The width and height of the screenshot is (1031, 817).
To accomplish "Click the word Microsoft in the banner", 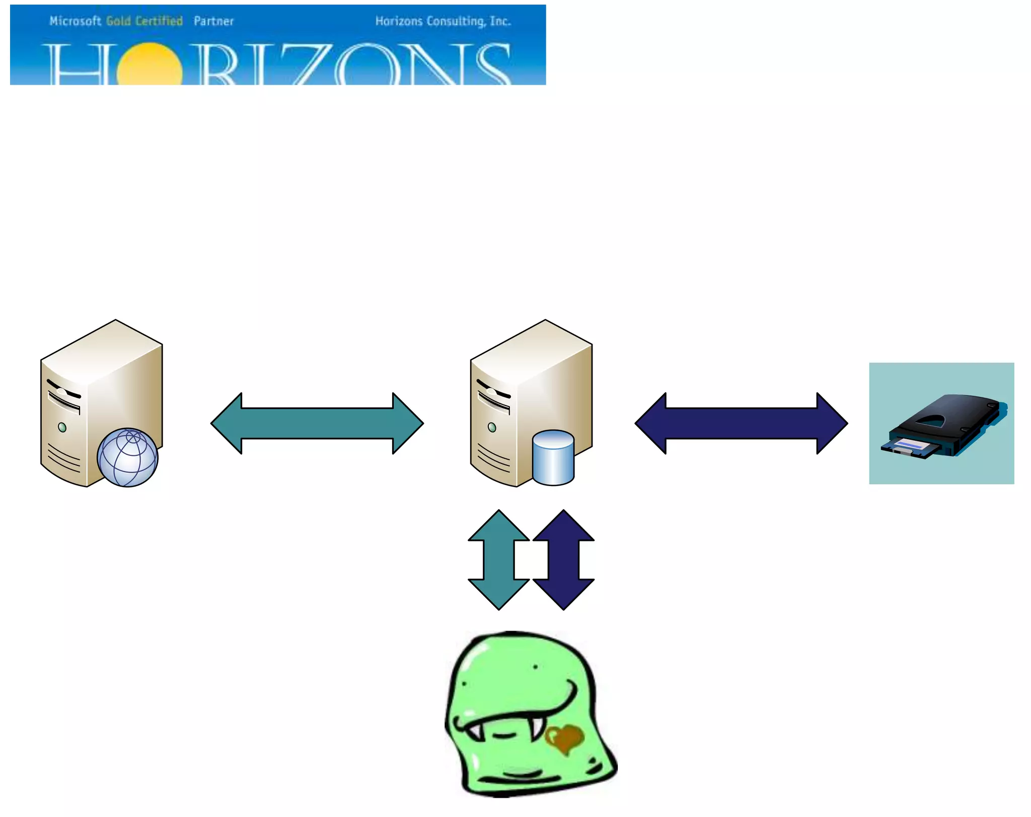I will click(x=76, y=21).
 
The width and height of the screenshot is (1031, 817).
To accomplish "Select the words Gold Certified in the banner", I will click(x=144, y=21).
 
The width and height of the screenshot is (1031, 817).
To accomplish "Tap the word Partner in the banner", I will click(x=214, y=21).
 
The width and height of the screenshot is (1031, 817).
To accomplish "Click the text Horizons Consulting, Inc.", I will click(x=443, y=21).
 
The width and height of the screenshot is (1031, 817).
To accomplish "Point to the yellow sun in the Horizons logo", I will click(x=150, y=65).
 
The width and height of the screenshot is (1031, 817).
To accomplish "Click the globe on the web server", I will click(x=128, y=457).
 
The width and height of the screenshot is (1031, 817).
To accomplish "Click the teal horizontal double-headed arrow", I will click(x=317, y=424).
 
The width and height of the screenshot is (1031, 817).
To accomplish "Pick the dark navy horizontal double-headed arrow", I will click(x=742, y=424).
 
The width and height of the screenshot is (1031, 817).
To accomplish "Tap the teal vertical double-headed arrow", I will click(x=499, y=560).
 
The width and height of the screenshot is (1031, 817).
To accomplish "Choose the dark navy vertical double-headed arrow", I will click(x=564, y=560).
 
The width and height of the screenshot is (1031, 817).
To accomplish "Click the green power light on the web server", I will click(x=62, y=428).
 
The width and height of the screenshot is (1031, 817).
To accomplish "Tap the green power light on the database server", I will click(x=492, y=428).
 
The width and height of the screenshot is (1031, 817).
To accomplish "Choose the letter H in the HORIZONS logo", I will click(x=78, y=65).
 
